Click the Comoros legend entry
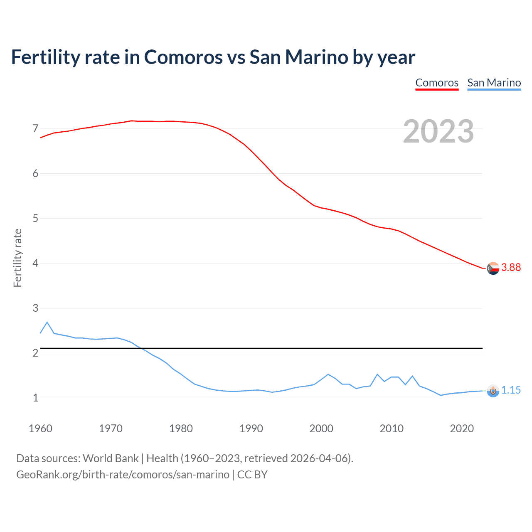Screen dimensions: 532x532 pos(437,83)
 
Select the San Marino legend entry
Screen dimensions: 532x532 pos(494,83)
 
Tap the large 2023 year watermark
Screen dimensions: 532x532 pos(438,131)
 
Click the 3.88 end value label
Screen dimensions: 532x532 pos(511,267)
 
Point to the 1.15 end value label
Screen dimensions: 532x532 pos(511,390)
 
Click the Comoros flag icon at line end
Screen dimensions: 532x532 pos(493,268)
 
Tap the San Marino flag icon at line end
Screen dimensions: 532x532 pos(493,391)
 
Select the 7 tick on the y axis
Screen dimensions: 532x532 pos(35,128)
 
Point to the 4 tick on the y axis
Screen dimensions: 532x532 pos(35,263)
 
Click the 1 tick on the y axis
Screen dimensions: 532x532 pos(35,398)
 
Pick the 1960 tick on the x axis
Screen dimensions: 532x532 pos(40,429)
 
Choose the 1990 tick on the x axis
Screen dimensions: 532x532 pos(251,429)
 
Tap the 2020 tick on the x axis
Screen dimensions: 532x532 pos(462,429)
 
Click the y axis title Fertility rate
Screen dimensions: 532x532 pos(17,258)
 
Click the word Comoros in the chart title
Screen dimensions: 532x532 pos(183,57)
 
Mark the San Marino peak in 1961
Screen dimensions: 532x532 pos(47,322)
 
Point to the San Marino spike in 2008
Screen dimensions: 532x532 pos(377,374)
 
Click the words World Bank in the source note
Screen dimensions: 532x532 pos(111,458)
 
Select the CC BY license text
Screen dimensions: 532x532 pos(252,475)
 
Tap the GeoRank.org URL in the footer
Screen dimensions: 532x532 pos(123,475)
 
